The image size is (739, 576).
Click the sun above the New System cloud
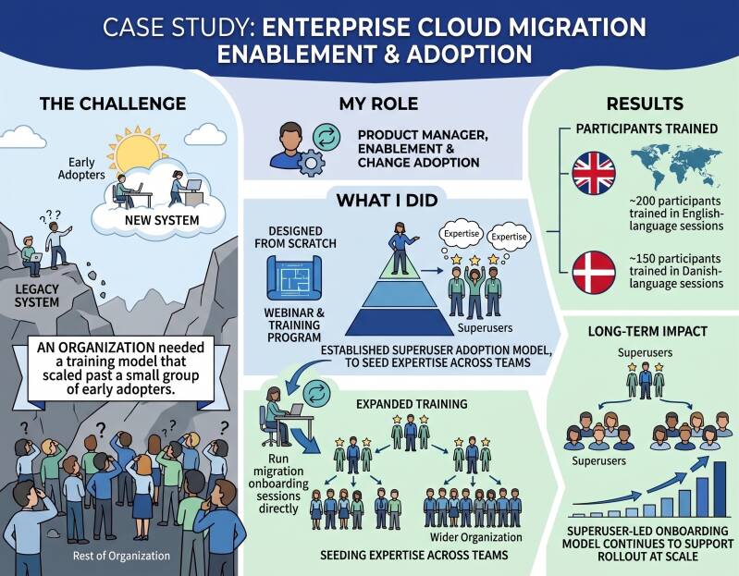click(137, 151)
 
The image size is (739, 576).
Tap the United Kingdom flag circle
click(594, 173)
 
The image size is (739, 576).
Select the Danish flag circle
click(594, 272)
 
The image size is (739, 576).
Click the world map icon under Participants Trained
click(676, 168)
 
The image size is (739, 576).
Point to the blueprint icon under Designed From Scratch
click(294, 278)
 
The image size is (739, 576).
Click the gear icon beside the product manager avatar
click(311, 163)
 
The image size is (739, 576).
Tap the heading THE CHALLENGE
click(113, 104)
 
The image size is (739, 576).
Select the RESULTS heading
click(645, 104)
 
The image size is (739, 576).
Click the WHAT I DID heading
click(387, 201)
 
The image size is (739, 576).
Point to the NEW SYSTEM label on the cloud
click(162, 220)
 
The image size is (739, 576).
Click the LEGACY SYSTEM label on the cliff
click(37, 296)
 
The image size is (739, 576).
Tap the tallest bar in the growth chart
click(720, 489)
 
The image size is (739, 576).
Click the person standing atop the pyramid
click(400, 247)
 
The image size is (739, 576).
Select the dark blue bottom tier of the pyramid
click(396, 322)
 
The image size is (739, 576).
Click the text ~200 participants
click(675, 202)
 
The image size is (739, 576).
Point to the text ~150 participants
click(675, 259)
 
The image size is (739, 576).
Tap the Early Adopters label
click(81, 168)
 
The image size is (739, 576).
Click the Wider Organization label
click(476, 537)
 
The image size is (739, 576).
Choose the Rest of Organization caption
click(121, 556)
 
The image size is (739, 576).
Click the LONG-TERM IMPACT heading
click(647, 332)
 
